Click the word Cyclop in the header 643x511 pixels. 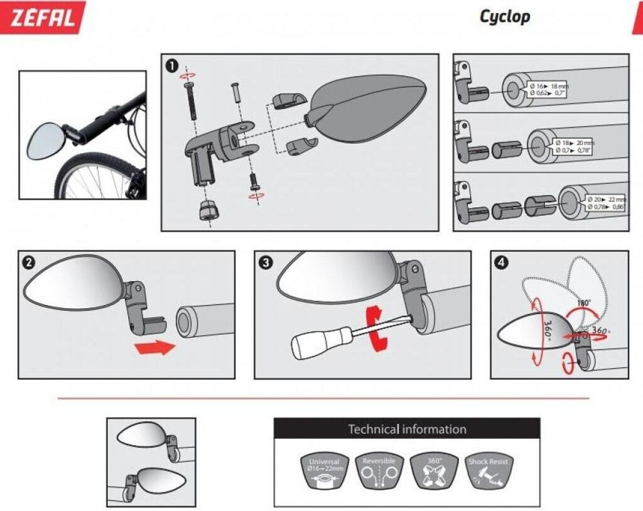point(504,16)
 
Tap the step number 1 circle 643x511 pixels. point(171,65)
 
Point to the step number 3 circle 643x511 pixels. point(265,262)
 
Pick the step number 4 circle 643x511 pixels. point(501,262)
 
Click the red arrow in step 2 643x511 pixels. point(155,347)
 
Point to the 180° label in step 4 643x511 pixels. point(585,303)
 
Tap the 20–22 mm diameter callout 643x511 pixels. point(605,203)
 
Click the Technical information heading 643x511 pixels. point(407,429)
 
